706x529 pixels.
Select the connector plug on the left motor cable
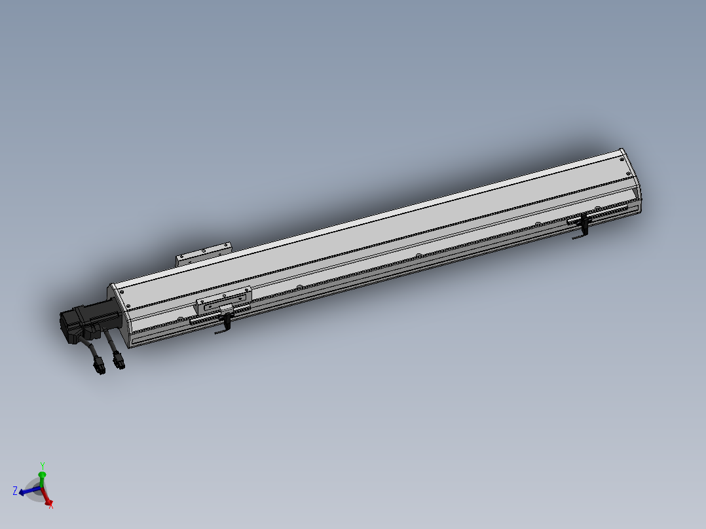[x=100, y=369]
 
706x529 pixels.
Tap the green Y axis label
[x=42, y=465]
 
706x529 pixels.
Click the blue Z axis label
[x=14, y=490]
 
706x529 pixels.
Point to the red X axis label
[x=51, y=505]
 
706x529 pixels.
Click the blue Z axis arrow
[x=28, y=490]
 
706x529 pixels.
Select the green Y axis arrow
[x=42, y=477]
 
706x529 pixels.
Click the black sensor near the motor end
[x=227, y=321]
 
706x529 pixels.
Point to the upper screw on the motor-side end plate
[x=119, y=291]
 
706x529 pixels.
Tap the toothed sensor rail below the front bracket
[x=210, y=318]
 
